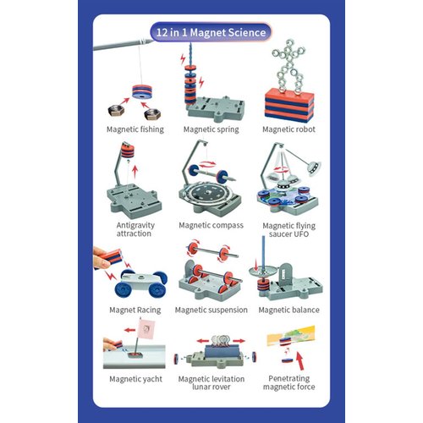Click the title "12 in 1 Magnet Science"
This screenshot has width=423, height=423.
(211, 32)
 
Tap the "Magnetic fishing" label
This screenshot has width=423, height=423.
(135, 129)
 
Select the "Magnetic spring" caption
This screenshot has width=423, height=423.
(211, 129)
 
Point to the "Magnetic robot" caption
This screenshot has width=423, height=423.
(288, 129)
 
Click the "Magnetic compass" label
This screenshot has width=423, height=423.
(211, 225)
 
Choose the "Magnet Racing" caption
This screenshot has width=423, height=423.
(135, 310)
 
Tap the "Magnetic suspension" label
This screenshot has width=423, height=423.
(211, 310)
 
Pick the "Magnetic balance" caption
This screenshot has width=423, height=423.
(288, 310)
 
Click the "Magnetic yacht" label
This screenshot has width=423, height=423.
(135, 379)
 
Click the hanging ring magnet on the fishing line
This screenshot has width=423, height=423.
(142, 91)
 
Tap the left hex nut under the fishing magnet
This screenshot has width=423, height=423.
(116, 110)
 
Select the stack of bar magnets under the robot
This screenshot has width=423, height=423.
(289, 106)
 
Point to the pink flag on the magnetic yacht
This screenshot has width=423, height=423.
(146, 329)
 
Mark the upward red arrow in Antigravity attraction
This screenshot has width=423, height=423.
(135, 172)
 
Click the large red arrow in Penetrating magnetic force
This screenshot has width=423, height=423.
(300, 360)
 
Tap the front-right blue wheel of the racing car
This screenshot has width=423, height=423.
(157, 289)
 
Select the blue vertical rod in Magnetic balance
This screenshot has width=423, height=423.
(263, 255)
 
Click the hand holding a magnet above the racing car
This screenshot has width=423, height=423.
(102, 257)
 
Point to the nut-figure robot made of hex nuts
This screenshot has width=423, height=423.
(289, 67)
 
